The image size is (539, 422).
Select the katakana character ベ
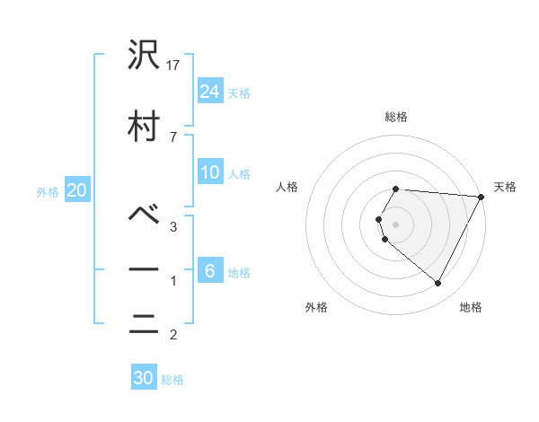point(145,215)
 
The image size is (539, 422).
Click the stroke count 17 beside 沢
point(174,66)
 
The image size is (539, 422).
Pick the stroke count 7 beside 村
point(172,136)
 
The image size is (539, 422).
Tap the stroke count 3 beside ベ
point(172,227)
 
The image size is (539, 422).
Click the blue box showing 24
point(210,91)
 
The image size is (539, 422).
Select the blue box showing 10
point(210,172)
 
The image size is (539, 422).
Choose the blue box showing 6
point(210,271)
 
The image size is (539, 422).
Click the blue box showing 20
point(77,190)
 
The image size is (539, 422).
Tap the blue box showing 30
point(144,378)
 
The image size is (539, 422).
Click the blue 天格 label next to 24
point(239,92)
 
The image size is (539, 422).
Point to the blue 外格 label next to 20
point(48,192)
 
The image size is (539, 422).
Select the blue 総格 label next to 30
point(172,380)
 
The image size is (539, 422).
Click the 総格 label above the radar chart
point(396,117)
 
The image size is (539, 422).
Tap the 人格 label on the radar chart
point(287,187)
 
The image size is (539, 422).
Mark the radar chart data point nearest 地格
point(438,284)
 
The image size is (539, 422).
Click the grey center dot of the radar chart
point(396,224)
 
